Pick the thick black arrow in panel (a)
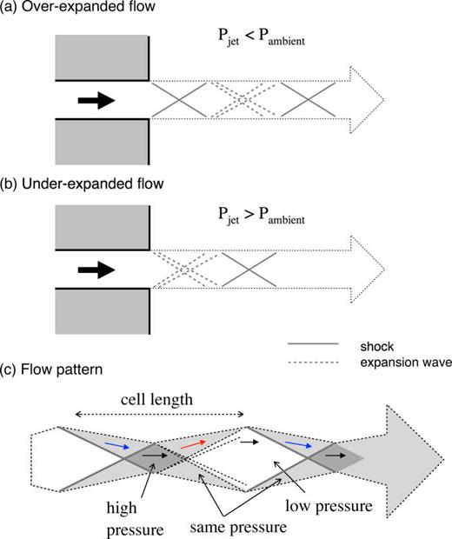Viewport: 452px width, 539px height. click(96, 101)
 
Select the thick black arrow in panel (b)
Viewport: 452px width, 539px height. click(96, 270)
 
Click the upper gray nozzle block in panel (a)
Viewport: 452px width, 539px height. click(102, 60)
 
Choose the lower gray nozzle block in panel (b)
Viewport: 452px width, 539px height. click(102, 313)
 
